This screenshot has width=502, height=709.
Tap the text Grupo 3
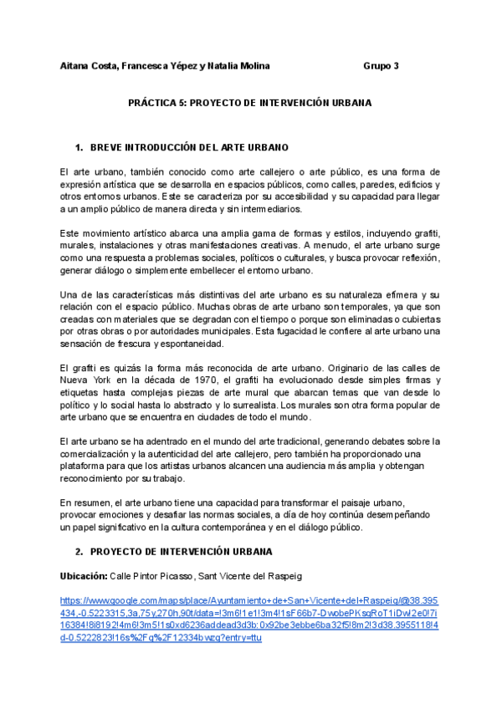point(382,65)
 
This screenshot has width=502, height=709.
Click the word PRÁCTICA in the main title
point(151,103)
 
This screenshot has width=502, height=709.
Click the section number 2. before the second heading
point(79,552)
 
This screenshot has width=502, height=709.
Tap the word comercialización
point(100,454)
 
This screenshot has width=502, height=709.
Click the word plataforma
point(86,467)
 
